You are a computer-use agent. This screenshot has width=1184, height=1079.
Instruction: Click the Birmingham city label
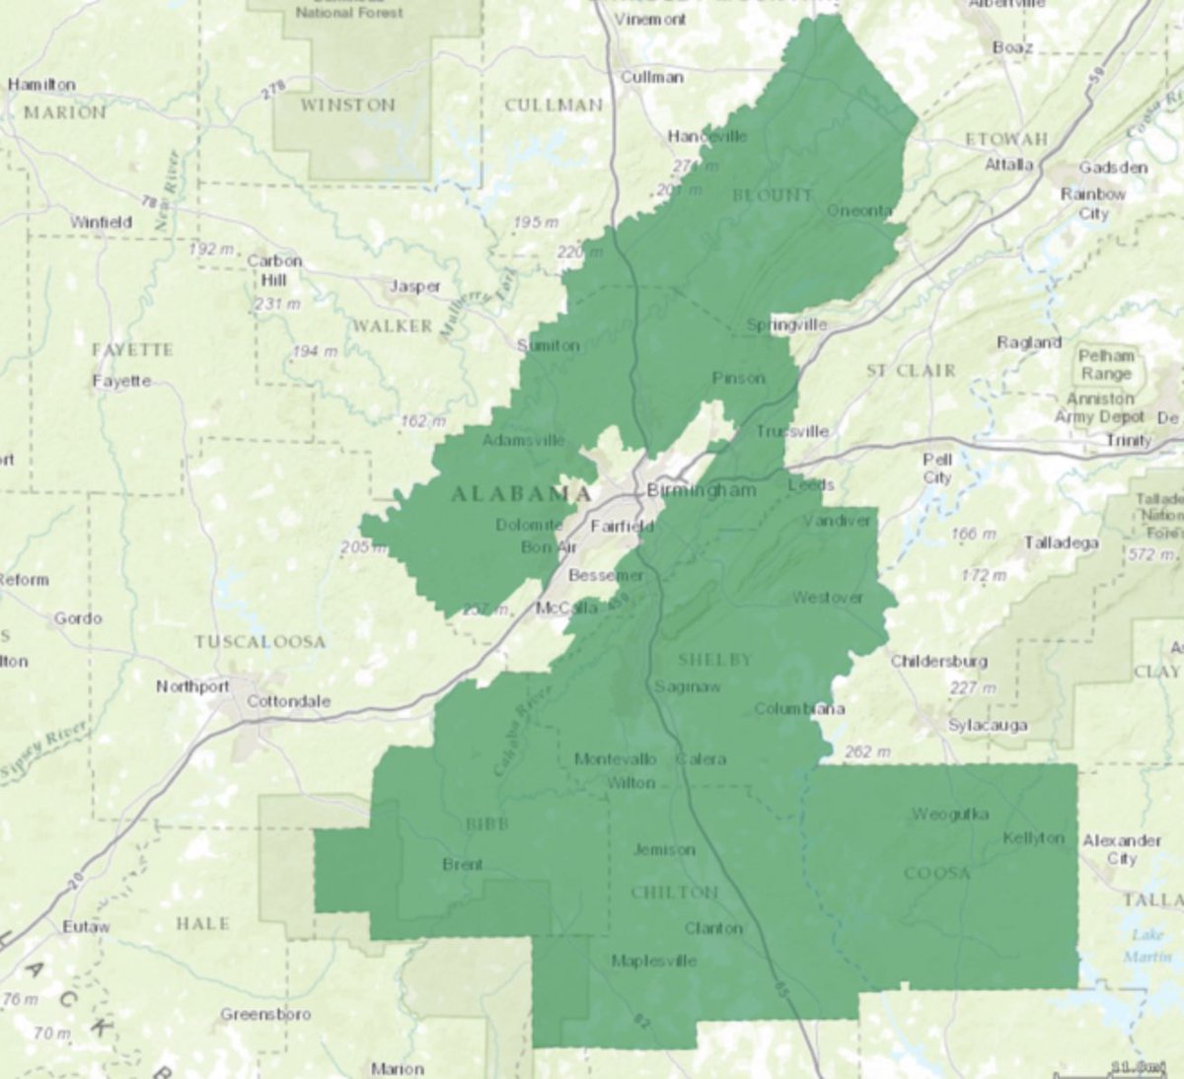pos(702,490)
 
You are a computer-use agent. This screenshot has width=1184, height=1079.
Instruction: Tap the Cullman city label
pos(651,77)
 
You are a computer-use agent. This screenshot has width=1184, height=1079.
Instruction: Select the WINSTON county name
pos(347,105)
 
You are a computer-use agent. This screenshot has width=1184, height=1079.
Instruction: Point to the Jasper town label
pos(414,287)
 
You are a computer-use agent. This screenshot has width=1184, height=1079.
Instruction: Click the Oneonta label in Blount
pos(858,211)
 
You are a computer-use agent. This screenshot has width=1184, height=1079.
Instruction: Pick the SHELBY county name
pos(714,659)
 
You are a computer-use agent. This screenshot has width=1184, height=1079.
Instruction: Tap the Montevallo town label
pos(616,758)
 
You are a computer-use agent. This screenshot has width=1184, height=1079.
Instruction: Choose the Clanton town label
pos(713,928)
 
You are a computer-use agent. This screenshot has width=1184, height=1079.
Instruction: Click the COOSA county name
pos(936,873)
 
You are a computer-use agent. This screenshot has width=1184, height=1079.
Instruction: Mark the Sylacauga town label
pos(987,725)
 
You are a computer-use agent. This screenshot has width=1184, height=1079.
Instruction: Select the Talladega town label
pos(1061,542)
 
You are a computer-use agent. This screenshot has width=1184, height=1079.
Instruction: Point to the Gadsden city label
pos(1113,168)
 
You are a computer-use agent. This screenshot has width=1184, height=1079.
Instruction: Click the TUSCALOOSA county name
pos(259,642)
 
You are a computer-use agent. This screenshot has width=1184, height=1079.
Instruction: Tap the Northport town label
pos(192,686)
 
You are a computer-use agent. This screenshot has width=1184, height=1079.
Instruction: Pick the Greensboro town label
pos(265,1014)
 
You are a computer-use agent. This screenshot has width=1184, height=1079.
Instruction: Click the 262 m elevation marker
pos(866,752)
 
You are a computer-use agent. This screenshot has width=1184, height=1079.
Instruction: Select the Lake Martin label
pos(1147,946)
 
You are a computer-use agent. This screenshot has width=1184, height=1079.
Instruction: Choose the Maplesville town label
pos(653,961)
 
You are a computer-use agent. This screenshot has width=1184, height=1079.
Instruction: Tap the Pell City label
pos(936,468)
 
